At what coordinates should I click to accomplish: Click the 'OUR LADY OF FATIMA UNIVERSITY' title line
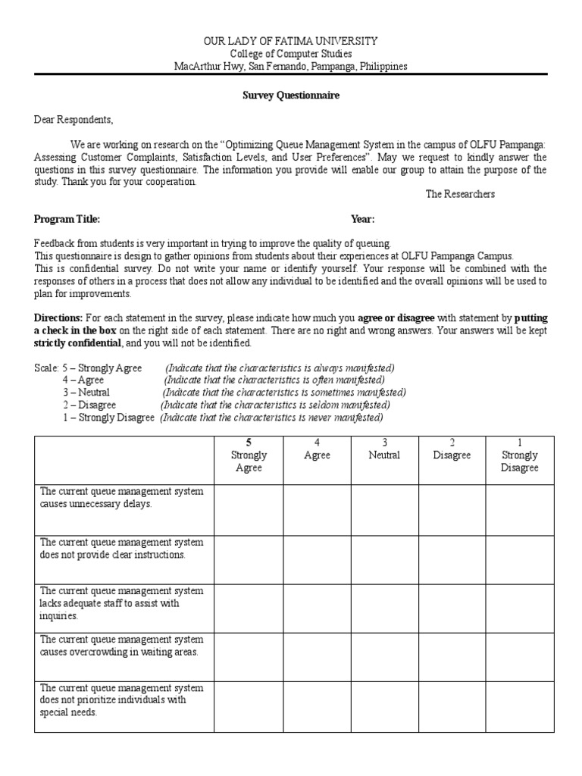pos(291,40)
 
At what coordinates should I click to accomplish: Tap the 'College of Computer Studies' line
pos(291,53)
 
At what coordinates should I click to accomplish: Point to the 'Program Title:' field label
pos(67,219)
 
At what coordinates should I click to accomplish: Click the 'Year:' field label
pos(362,219)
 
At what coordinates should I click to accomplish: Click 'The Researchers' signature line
pos(460,194)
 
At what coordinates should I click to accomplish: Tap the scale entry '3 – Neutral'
pos(86,393)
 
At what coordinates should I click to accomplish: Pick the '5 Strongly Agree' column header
pos(249,455)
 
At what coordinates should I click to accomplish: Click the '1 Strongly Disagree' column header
pos(519,455)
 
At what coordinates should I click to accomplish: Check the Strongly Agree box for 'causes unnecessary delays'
pos(249,510)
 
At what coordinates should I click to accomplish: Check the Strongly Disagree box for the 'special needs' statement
pos(519,707)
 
